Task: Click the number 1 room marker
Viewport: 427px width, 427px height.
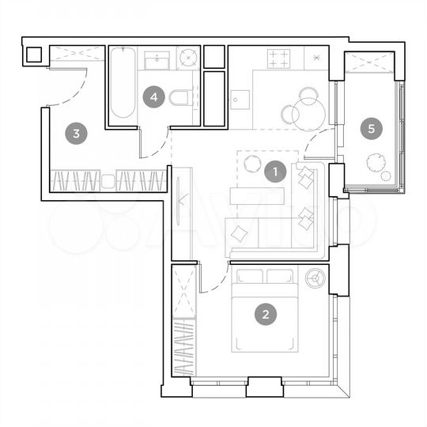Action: [x=274, y=171]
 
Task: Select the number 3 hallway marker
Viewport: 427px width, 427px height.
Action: [x=76, y=133]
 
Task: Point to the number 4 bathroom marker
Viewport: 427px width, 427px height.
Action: [x=154, y=97]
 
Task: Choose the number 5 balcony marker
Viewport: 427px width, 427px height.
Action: [x=368, y=127]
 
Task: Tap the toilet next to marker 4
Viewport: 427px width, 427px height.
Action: [x=180, y=98]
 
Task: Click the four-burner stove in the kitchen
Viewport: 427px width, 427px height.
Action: [x=278, y=57]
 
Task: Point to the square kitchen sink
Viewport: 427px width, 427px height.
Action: [x=240, y=100]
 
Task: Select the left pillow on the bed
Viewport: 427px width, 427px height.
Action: [x=250, y=277]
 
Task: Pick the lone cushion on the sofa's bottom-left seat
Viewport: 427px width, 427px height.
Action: [x=239, y=233]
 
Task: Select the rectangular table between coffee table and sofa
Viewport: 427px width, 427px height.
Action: [x=257, y=195]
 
